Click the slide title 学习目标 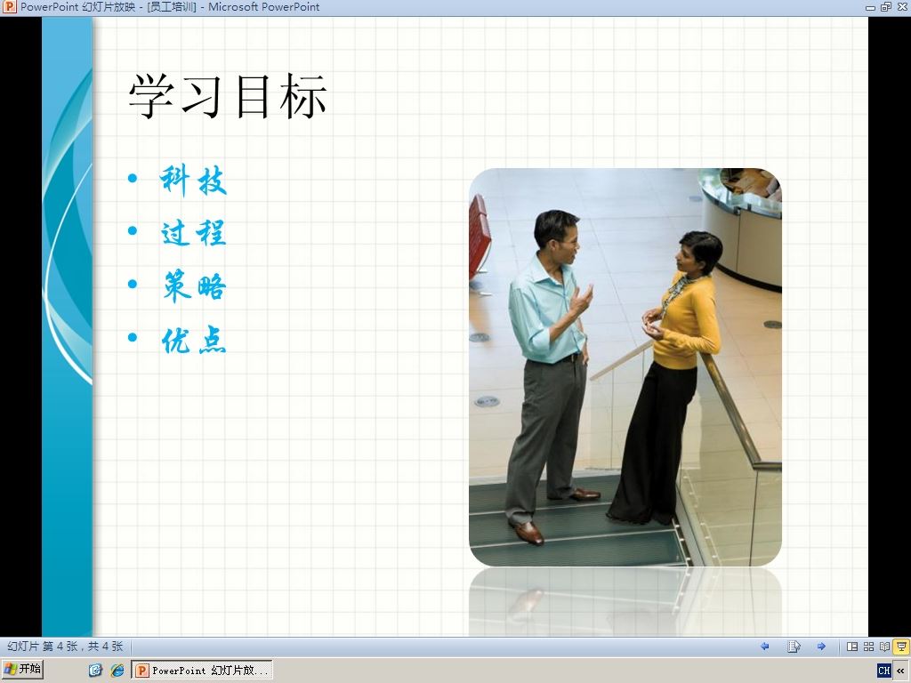pyautogui.click(x=227, y=96)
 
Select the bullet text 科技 pyautogui.click(x=193, y=181)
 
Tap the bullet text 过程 pyautogui.click(x=193, y=233)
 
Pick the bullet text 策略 pyautogui.click(x=193, y=285)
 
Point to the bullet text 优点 pyautogui.click(x=193, y=340)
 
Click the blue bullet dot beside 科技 pyautogui.click(x=133, y=178)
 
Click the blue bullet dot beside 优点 pyautogui.click(x=133, y=337)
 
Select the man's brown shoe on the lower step pyautogui.click(x=528, y=533)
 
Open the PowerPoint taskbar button pyautogui.click(x=202, y=671)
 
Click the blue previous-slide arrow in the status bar pyautogui.click(x=764, y=647)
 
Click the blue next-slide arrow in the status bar pyautogui.click(x=821, y=647)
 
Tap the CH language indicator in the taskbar pyautogui.click(x=884, y=671)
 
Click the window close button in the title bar pyautogui.click(x=902, y=7)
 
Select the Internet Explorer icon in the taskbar pyautogui.click(x=117, y=671)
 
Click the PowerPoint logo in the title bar pyautogui.click(x=9, y=7)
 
